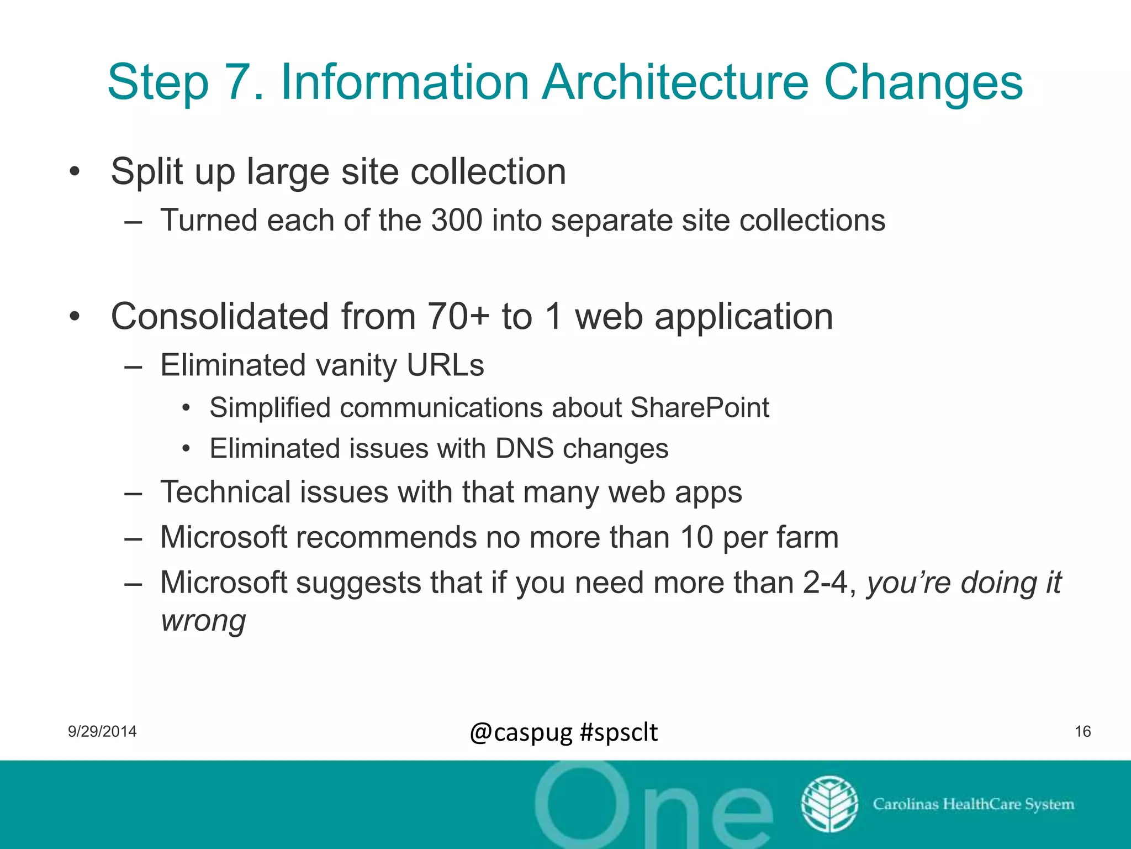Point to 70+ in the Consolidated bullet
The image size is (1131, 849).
click(458, 317)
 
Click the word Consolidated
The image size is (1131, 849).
click(220, 317)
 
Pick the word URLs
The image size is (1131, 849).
click(445, 365)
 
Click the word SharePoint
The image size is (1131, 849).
click(699, 408)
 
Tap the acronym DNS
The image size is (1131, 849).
click(524, 448)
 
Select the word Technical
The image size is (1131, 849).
click(225, 492)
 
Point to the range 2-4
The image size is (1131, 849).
click(825, 583)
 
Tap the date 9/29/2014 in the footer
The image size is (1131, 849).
click(102, 731)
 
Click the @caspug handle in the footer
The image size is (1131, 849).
click(521, 732)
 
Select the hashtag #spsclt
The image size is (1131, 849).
click(619, 732)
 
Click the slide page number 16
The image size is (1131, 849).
click(1082, 731)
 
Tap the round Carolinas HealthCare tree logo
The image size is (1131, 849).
click(829, 804)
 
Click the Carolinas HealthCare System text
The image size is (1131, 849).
click(973, 804)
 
